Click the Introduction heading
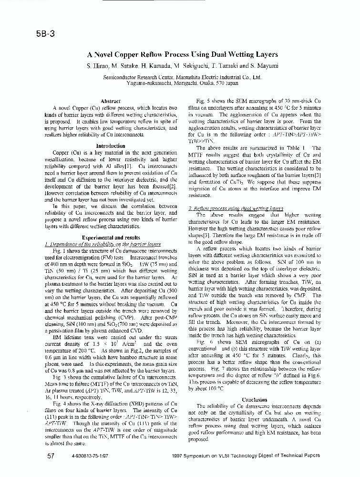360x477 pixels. (111, 146)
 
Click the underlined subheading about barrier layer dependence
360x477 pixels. (103, 243)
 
